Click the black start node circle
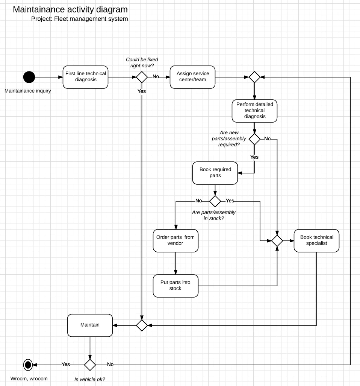tap(29, 77)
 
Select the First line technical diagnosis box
tap(86, 77)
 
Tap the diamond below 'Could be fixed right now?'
tap(142, 77)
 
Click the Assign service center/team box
tap(193, 77)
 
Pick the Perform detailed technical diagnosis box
tap(254, 111)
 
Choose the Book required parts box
tap(215, 173)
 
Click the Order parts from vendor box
tap(175, 240)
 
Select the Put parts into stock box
tap(175, 286)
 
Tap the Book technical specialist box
tap(316, 240)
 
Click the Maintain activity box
tap(90, 325)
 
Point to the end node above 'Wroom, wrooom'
tap(28, 364)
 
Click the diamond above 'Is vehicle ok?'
tap(90, 364)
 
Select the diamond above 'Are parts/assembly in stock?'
tap(215, 201)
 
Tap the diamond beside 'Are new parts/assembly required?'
tap(254, 139)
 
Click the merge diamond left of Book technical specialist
tap(277, 240)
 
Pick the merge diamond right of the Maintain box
tap(142, 325)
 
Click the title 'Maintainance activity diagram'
tap(70, 9)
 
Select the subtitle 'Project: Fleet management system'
tap(80, 19)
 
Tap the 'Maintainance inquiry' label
tap(28, 91)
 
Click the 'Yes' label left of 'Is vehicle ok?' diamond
tap(66, 364)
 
